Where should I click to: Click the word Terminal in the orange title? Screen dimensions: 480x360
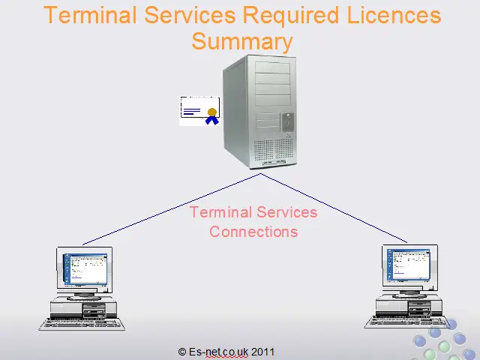90,15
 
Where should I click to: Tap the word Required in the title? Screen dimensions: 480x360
291,16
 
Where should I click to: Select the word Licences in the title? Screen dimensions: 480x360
394,15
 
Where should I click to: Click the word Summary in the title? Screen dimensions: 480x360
242,42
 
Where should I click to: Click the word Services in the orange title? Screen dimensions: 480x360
190,15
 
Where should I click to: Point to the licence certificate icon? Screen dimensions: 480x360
199,111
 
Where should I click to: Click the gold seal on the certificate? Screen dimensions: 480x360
212,112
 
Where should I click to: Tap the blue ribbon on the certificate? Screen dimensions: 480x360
212,120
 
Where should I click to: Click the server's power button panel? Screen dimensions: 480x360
288,121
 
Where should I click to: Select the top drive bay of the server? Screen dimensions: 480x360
272,67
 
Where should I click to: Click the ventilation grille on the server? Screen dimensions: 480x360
273,150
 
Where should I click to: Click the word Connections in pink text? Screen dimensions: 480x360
253,232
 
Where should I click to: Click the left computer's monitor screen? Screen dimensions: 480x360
85,268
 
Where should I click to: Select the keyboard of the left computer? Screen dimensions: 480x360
82,325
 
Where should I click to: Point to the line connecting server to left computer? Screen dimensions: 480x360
172,209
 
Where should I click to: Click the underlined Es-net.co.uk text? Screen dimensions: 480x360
218,352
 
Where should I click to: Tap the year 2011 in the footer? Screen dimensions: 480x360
262,352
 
